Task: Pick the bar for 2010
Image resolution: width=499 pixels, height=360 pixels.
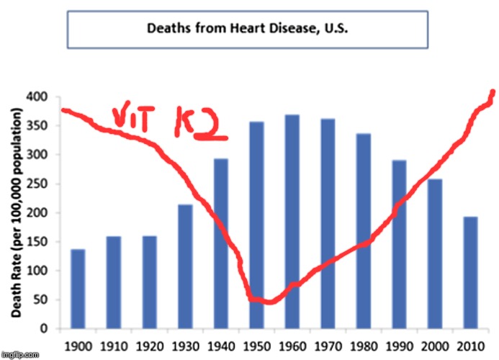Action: pyautogui.click(x=470, y=273)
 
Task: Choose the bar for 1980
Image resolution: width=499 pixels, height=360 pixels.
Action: pyautogui.click(x=364, y=231)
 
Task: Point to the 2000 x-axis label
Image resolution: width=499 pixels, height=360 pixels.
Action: pyautogui.click(x=435, y=345)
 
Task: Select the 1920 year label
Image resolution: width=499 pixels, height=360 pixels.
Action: pyautogui.click(x=149, y=345)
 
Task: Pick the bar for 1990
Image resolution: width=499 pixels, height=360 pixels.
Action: pyautogui.click(x=399, y=245)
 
